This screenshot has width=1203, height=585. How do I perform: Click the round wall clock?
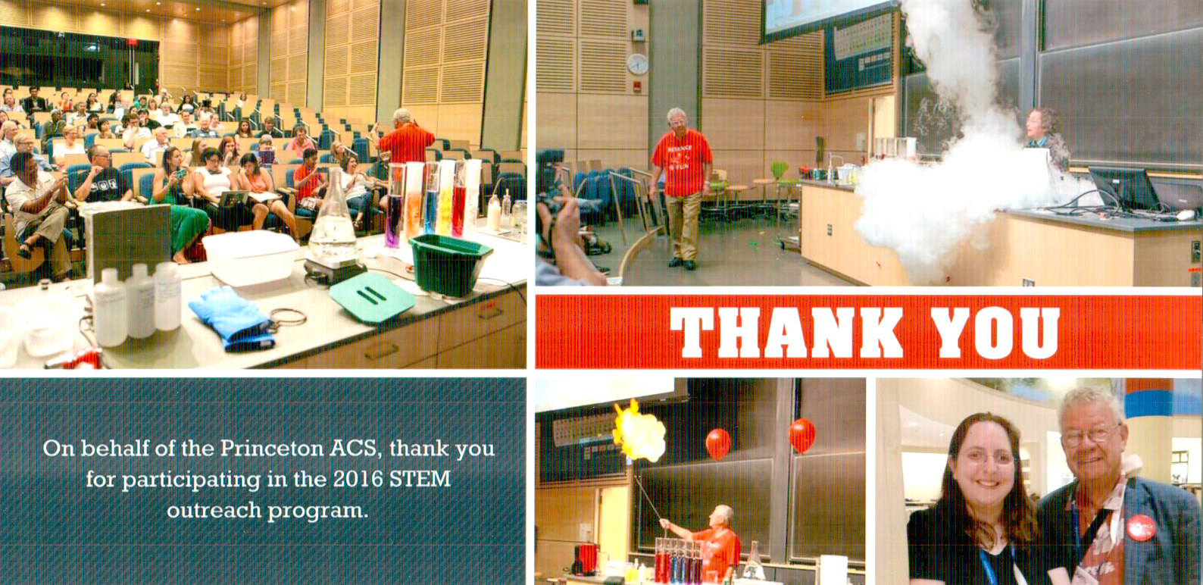tap(637, 64)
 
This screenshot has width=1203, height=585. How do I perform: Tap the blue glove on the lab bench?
tap(232, 318)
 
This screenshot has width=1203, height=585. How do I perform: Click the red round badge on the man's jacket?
tap(1140, 527)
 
